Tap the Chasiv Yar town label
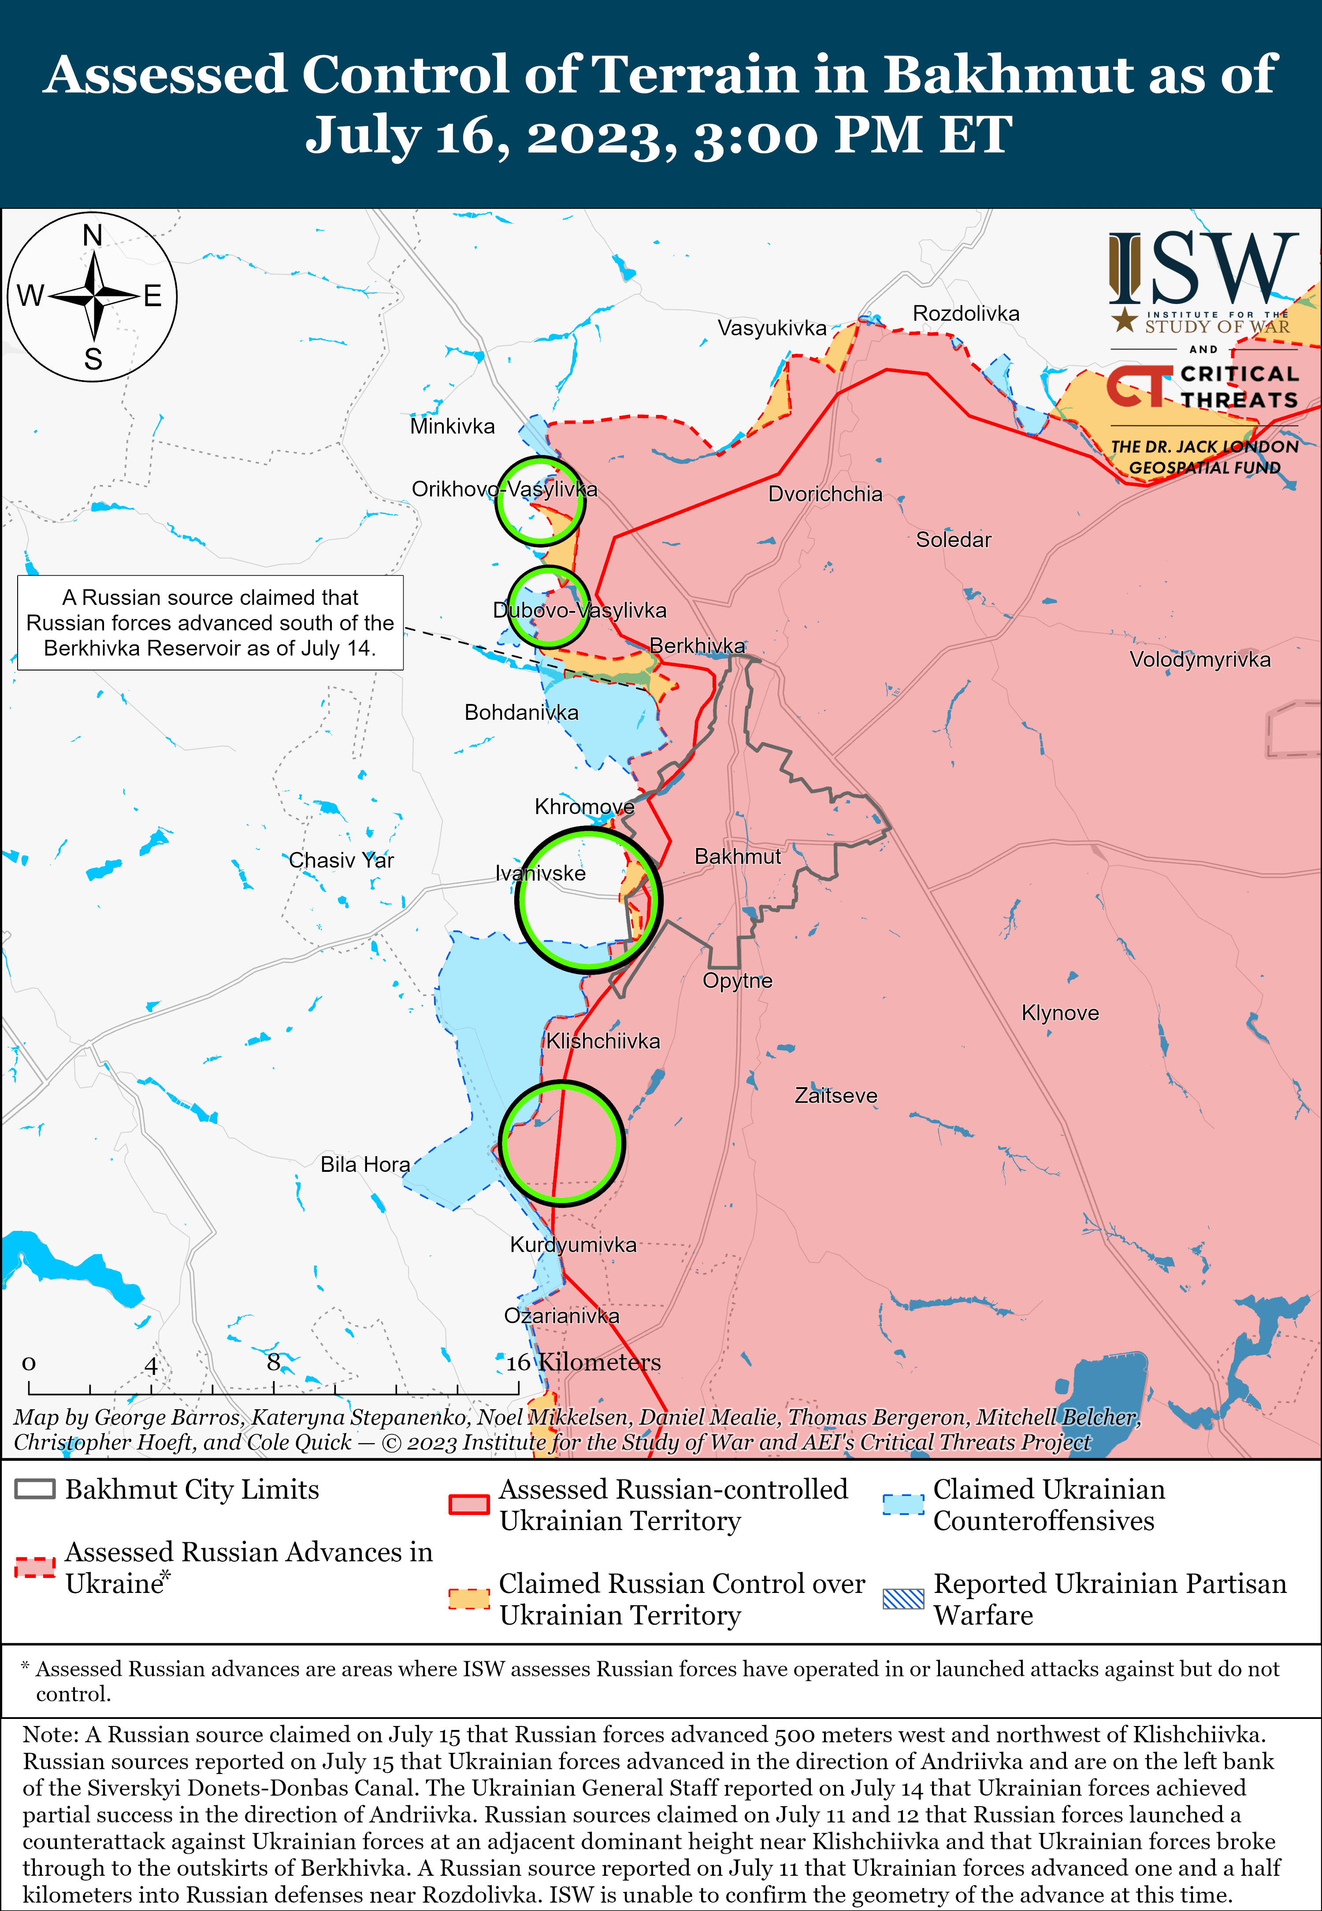point(341,860)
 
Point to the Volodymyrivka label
point(1199,660)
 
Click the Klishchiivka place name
point(603,1041)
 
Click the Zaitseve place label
point(836,1096)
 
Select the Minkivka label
point(452,426)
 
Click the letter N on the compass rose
point(93,236)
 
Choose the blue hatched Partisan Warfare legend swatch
point(903,1599)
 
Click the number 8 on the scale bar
point(273,1362)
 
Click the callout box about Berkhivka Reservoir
point(210,622)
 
